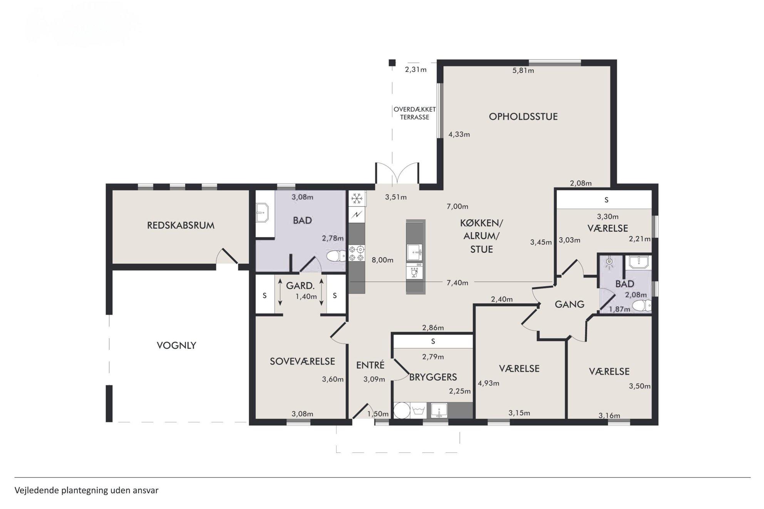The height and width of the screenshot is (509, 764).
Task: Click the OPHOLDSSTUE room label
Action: [523, 117]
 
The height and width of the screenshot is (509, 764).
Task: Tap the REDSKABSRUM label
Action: [181, 225]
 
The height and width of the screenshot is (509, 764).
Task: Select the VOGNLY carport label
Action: [176, 345]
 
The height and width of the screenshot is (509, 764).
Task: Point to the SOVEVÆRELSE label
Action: [302, 361]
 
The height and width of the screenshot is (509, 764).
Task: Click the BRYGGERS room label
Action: [433, 377]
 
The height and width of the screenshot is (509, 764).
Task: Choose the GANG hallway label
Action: [570, 304]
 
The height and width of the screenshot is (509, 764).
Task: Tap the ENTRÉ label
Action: [370, 365]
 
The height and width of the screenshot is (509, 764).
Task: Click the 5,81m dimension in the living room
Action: [523, 70]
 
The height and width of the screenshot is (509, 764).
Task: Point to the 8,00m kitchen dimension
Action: [382, 260]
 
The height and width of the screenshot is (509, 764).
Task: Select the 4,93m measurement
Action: [489, 383]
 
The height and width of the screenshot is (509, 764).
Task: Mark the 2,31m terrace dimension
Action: [416, 70]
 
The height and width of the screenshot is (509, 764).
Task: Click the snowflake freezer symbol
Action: [357, 199]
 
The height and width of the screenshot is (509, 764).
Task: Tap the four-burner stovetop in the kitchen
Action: [357, 253]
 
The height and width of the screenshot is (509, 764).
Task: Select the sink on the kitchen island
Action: [415, 252]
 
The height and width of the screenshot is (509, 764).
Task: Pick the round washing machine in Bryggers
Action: [402, 410]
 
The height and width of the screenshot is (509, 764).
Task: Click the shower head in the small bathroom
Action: [609, 262]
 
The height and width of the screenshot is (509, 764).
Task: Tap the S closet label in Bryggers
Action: [433, 341]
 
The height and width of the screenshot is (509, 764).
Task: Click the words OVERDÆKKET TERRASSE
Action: [415, 113]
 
